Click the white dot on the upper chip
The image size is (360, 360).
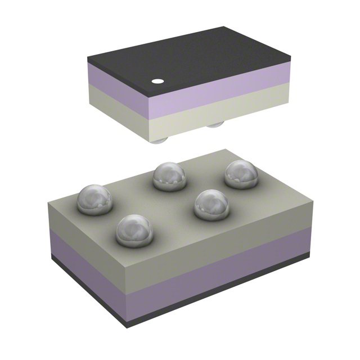158,82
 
